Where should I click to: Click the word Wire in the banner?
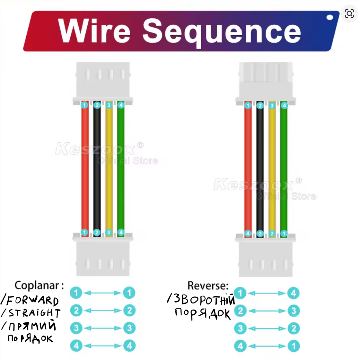click(x=94, y=31)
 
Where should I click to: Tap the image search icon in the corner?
click(x=349, y=13)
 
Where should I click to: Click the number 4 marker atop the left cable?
click(x=121, y=105)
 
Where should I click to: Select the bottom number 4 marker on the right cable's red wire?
click(x=248, y=233)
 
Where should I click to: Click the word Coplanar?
click(x=37, y=285)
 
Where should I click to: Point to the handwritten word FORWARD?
click(x=32, y=301)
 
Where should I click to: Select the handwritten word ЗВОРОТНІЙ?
click(x=204, y=300)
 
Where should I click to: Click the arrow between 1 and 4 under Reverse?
click(x=267, y=293)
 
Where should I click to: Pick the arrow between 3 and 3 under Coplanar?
click(x=103, y=328)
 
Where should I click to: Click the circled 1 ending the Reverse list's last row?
click(x=294, y=346)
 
